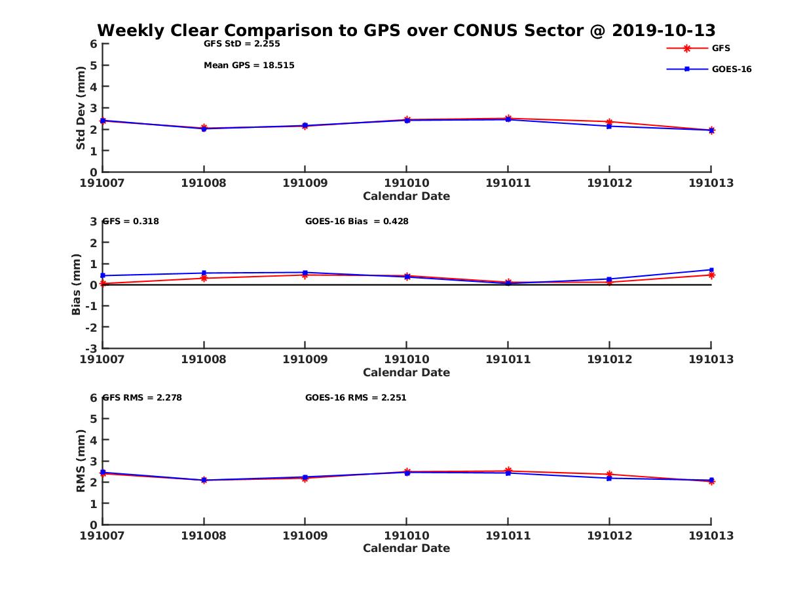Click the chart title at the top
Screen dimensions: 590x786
pos(406,31)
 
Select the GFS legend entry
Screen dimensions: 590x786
pos(720,48)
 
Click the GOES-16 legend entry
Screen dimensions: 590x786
pos(731,69)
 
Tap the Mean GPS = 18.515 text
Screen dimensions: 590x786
pos(249,66)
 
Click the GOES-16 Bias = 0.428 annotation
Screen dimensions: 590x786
pos(356,222)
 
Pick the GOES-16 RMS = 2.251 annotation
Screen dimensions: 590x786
pos(356,397)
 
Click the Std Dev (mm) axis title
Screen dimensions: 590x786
pos(81,108)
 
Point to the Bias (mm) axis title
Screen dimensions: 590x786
pos(77,284)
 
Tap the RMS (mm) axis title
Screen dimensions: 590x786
pos(81,461)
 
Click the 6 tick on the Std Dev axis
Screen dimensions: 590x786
pos(94,44)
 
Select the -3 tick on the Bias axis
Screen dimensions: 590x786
pos(92,348)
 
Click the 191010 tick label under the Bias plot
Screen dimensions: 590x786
pos(406,359)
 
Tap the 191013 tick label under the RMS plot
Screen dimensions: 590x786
pos(711,536)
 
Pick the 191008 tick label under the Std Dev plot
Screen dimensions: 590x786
pos(204,183)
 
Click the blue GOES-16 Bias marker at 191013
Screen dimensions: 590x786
pos(711,269)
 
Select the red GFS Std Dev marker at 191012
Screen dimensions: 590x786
pos(609,122)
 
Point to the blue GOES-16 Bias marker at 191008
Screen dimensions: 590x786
pos(204,273)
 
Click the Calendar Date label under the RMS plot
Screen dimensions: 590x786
pos(406,548)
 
